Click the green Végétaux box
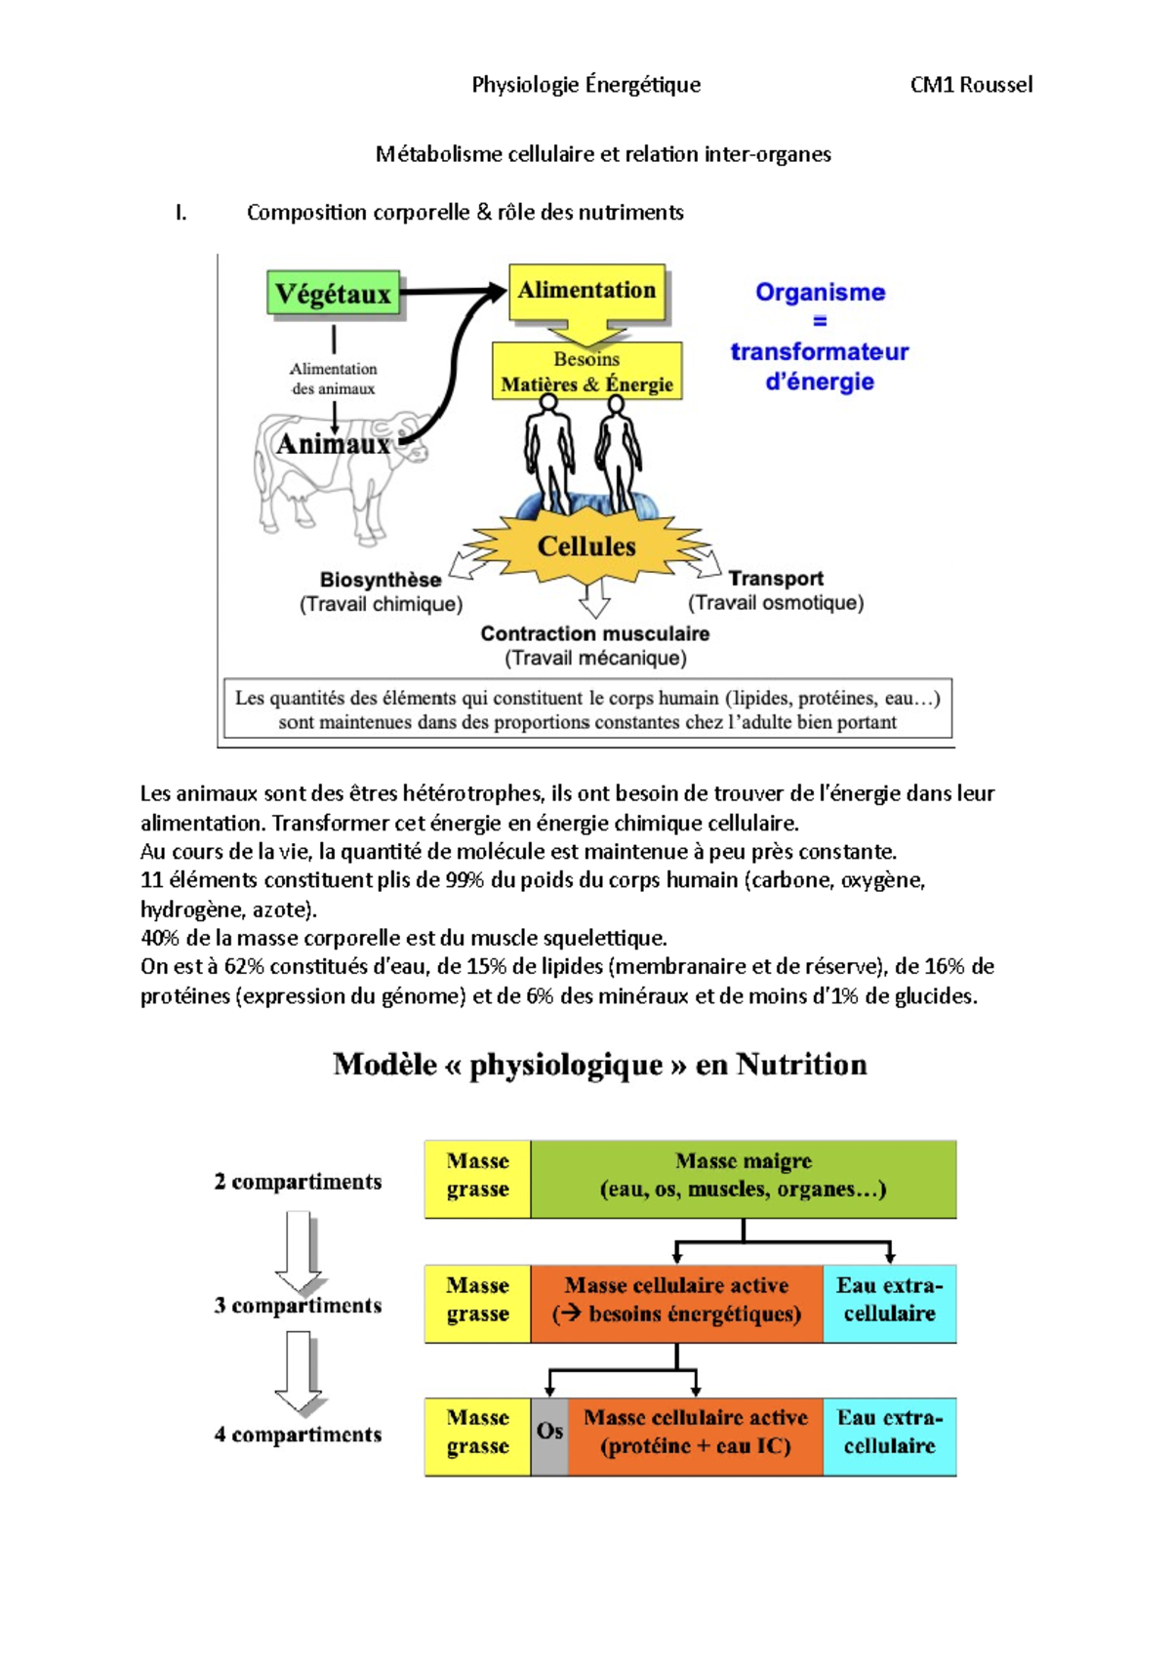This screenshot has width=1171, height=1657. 333,294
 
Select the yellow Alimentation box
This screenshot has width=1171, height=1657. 586,291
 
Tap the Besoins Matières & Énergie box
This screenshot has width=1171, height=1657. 586,372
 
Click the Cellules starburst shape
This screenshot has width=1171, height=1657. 586,546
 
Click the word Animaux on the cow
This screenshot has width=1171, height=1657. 333,444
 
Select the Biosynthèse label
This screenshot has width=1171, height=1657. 381,580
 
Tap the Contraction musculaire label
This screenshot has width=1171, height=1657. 594,633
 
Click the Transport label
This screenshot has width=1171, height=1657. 776,579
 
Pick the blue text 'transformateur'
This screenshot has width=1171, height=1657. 819,351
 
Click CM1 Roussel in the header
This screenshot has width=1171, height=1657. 971,85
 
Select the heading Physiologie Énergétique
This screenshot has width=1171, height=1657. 585,85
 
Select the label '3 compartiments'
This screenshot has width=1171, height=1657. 298,1306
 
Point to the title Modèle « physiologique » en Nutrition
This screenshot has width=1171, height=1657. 599,1064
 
